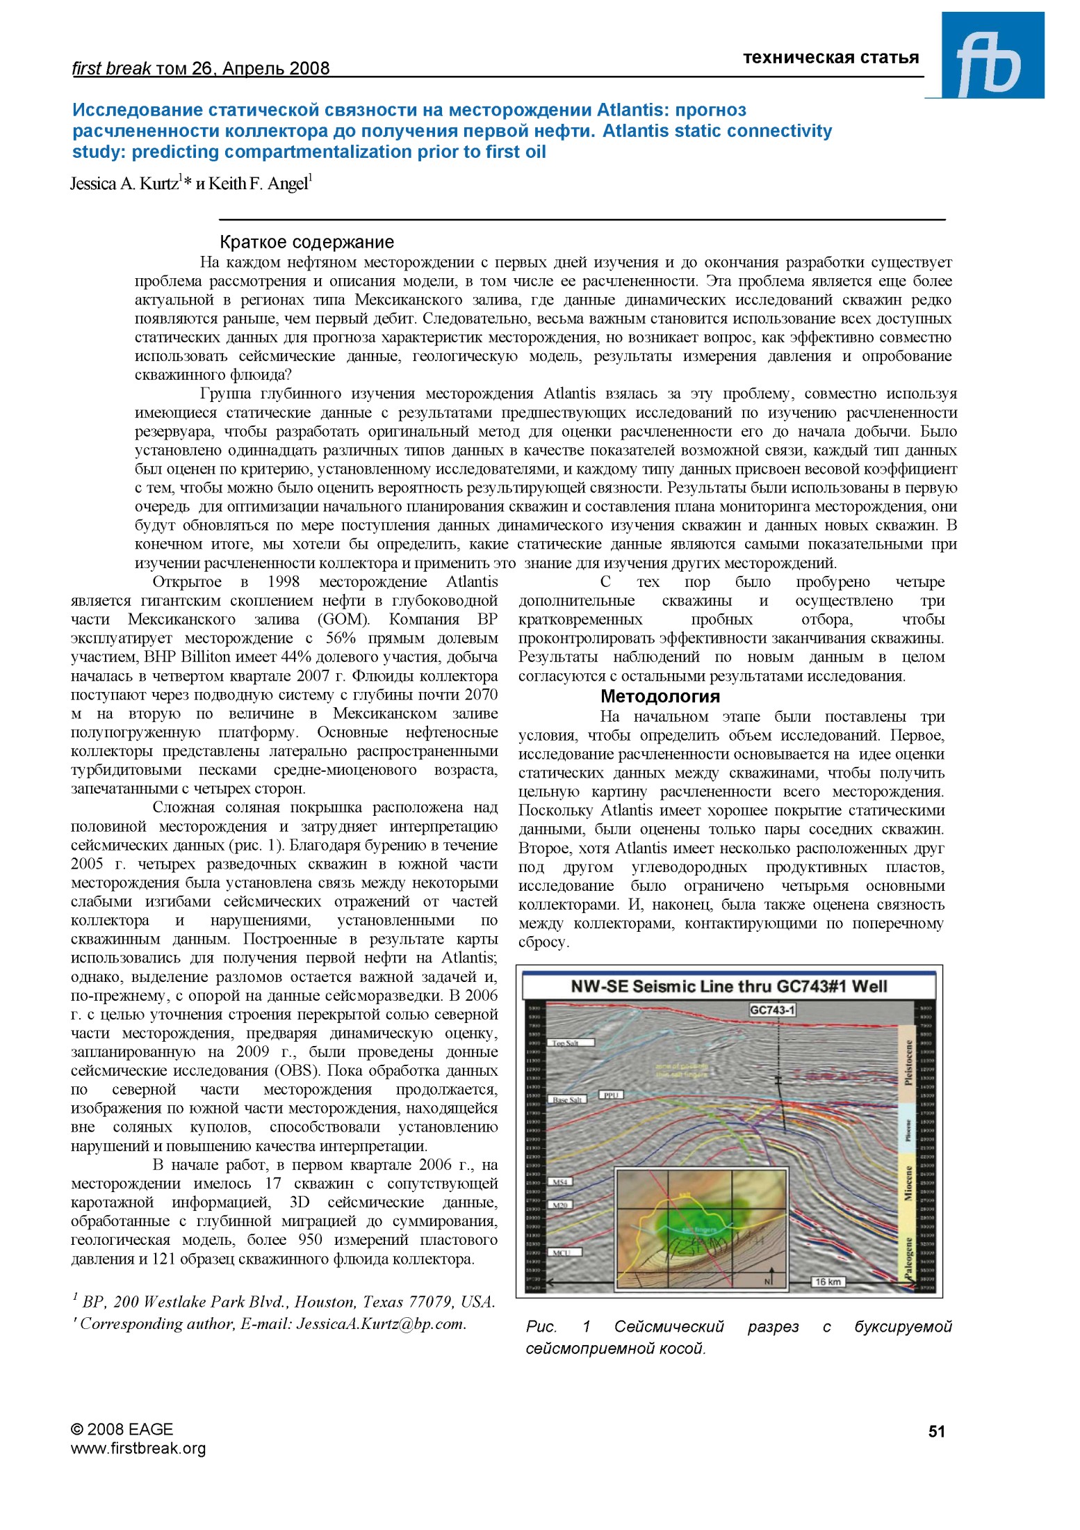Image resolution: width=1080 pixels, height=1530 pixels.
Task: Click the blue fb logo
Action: (x=992, y=56)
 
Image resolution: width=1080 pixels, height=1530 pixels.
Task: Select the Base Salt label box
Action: (x=568, y=1100)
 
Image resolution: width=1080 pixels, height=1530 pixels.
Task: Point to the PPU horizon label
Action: (x=611, y=1095)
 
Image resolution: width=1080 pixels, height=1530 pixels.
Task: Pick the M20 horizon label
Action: (x=560, y=1204)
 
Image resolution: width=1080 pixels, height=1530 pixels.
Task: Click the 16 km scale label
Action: (x=827, y=1281)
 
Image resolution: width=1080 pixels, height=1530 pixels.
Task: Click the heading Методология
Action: (x=660, y=696)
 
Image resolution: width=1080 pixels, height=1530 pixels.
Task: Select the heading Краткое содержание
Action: (x=306, y=242)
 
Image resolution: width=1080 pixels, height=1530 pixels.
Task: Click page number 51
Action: (x=936, y=1431)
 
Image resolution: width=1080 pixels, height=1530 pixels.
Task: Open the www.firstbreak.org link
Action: (x=138, y=1449)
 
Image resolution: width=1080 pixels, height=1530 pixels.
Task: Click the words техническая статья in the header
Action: (x=831, y=58)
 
